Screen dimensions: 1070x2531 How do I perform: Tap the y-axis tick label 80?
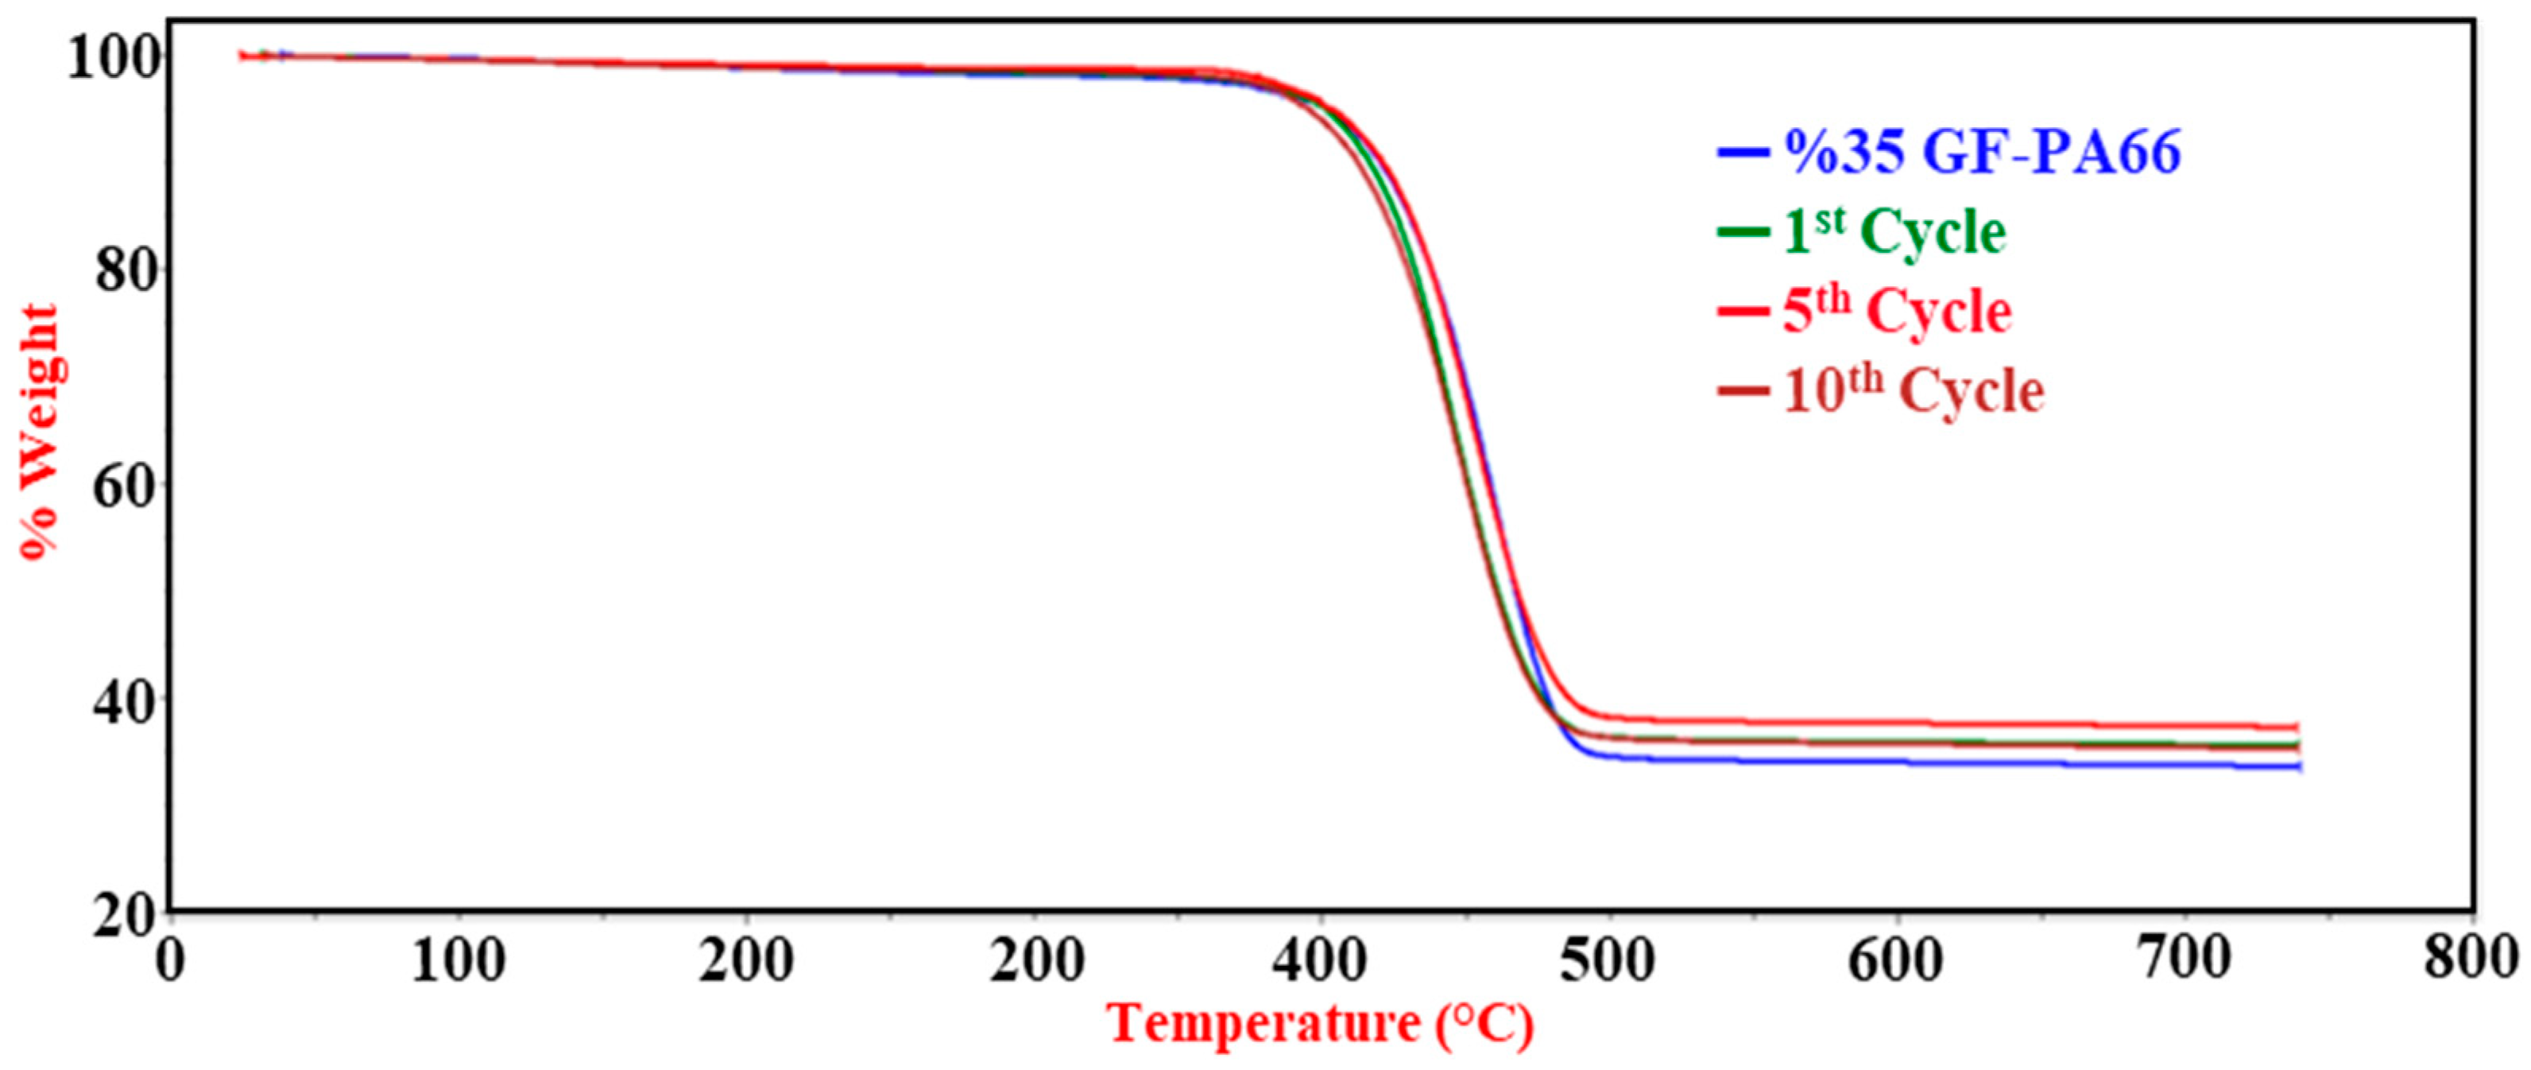(129, 271)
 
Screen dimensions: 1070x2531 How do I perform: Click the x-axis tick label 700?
(2183, 961)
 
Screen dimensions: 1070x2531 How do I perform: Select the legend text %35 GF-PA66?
(1982, 153)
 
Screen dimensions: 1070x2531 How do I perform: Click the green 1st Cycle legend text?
(1894, 233)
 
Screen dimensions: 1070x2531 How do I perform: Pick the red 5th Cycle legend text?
(1896, 312)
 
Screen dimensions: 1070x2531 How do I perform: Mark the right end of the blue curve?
(2299, 767)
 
